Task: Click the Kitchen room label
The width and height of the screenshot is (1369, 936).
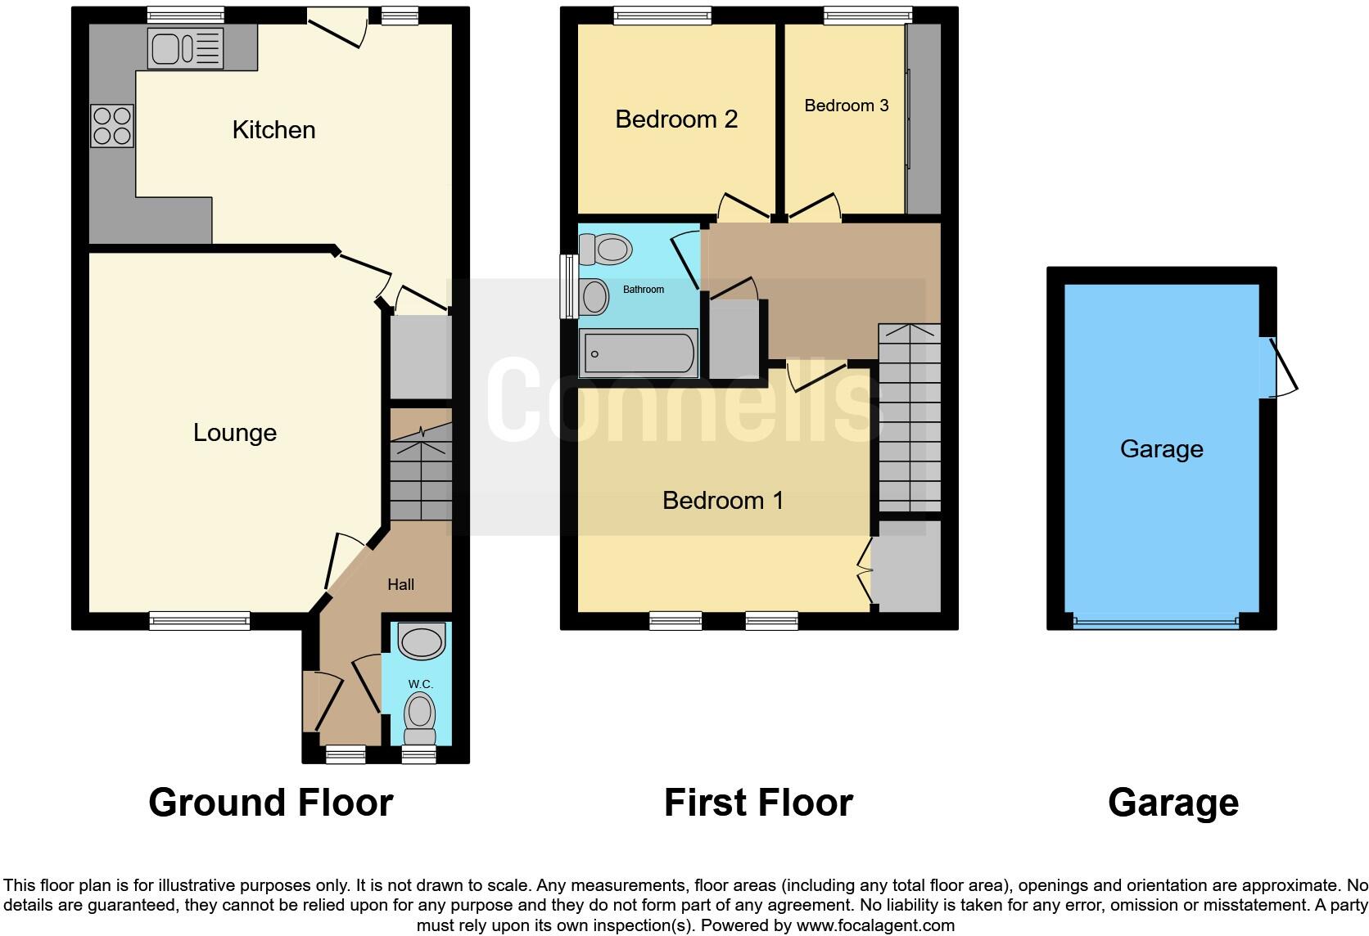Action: (273, 129)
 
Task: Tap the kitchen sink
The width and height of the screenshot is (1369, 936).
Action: (184, 47)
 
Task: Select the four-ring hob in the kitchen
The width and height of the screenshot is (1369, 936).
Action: (112, 126)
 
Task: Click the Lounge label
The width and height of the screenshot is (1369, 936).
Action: (235, 432)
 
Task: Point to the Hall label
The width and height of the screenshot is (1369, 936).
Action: (400, 584)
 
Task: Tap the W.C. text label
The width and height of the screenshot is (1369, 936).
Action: (420, 683)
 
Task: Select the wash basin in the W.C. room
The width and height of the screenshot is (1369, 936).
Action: (420, 641)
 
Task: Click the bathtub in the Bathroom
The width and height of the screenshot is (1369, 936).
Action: (639, 353)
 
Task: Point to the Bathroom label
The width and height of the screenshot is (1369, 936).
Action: (644, 289)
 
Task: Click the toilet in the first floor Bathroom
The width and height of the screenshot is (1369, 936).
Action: (605, 248)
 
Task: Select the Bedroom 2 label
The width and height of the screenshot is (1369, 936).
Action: (676, 119)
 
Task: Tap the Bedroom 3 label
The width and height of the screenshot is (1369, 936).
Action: (846, 106)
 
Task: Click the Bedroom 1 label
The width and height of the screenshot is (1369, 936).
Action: (723, 500)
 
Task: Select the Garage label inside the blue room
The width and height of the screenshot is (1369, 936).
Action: (1161, 448)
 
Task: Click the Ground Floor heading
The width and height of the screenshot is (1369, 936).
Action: (271, 803)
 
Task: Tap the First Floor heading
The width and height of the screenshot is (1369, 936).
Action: (758, 803)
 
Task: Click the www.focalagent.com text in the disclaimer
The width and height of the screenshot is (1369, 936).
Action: (875, 926)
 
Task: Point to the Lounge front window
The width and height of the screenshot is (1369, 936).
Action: (200, 621)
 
